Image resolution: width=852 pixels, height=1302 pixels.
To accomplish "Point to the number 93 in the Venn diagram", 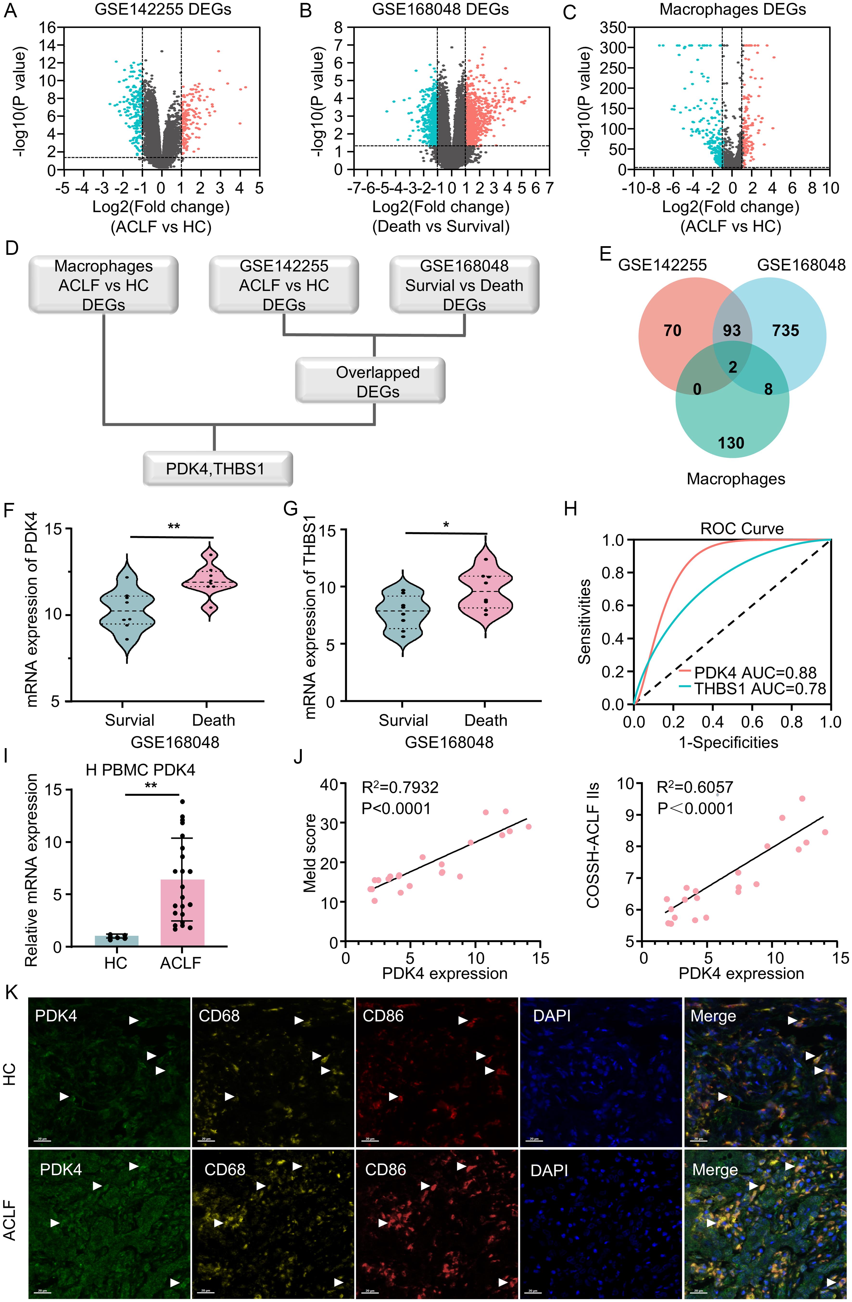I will (732, 330).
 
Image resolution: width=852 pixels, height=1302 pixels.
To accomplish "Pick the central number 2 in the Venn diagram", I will (733, 367).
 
